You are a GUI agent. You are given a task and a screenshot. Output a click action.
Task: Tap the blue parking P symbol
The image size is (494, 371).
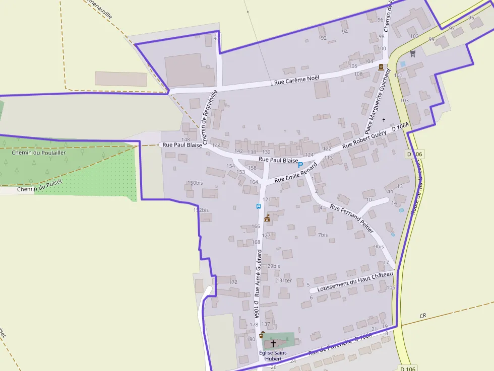tap(301, 165)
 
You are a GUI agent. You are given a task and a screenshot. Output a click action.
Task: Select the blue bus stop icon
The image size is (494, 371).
tap(259, 206)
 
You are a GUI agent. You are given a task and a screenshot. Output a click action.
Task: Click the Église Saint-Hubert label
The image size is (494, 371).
tap(273, 355)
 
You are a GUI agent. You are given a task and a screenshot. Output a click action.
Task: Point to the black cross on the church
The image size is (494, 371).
tap(273, 344)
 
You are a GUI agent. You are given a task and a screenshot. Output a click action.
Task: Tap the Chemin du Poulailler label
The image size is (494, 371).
tap(39, 153)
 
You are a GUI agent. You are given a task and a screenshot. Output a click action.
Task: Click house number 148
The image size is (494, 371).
tap(186, 139)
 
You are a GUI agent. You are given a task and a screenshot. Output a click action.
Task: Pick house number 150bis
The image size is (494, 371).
tap(195, 183)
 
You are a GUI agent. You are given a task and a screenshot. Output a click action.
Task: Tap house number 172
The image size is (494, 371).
tap(233, 282)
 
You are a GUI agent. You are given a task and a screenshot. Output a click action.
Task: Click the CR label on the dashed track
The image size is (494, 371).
tap(422, 316)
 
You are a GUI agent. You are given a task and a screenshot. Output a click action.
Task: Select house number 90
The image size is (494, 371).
tap(216, 39)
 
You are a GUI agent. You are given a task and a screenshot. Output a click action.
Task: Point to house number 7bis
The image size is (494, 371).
tap(323, 235)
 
